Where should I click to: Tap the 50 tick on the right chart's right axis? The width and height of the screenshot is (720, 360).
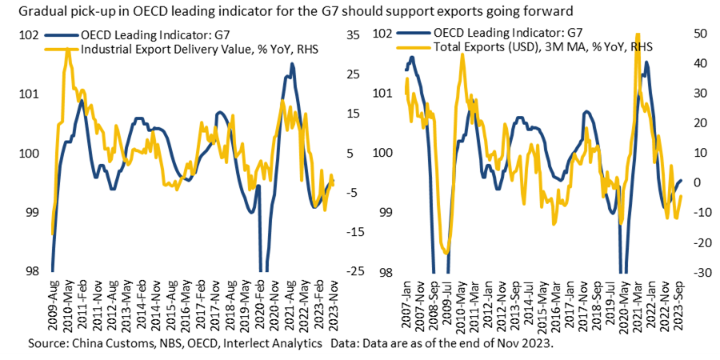tap(699, 33)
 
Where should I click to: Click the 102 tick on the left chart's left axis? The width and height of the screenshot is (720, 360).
tap(29, 36)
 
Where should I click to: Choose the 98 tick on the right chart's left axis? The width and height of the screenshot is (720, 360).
tap(385, 271)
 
